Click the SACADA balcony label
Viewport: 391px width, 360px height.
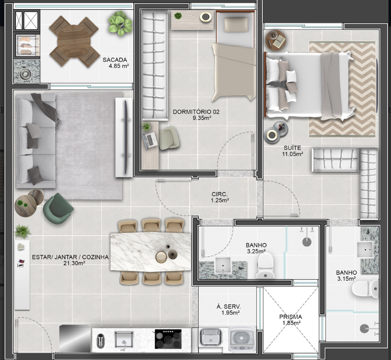[x=115, y=60]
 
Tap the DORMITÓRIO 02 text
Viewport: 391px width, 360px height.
[x=196, y=112]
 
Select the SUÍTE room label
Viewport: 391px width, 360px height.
[x=293, y=148]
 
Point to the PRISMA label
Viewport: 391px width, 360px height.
[x=291, y=317]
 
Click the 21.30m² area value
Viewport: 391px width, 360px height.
[x=74, y=263]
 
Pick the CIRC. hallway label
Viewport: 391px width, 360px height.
[x=219, y=194]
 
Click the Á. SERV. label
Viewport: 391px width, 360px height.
[x=228, y=307]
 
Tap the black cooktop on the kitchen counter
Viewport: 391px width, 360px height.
[x=168, y=339]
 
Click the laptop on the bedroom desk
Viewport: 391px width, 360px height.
[x=150, y=141]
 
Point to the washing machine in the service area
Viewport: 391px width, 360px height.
[x=242, y=340]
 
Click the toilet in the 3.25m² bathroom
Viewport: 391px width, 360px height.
[x=265, y=266]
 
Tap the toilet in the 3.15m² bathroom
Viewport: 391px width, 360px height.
[x=365, y=289]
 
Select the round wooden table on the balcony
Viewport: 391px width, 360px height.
[x=74, y=41]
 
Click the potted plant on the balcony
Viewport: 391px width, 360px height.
[x=120, y=23]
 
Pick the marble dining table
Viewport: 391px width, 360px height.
[x=151, y=252]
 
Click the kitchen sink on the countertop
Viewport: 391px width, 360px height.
[x=124, y=339]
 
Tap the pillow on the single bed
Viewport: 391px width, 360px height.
[x=236, y=25]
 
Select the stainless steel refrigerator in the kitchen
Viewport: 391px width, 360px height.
[x=75, y=339]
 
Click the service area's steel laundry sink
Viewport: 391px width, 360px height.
[x=211, y=337]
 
